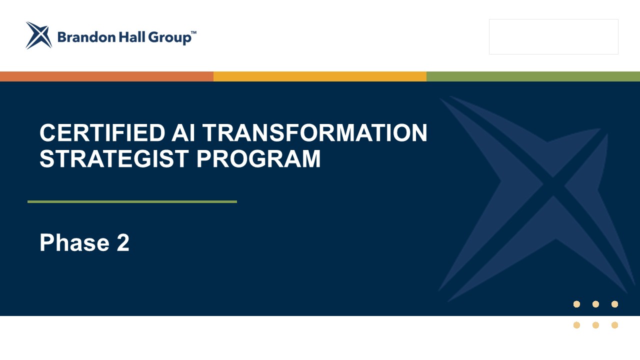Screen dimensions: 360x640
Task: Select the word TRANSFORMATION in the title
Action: (x=314, y=133)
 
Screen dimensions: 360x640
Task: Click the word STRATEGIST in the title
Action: (x=113, y=158)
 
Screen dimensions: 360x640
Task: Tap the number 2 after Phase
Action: (x=123, y=242)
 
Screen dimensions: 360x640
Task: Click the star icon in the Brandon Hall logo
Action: (x=38, y=35)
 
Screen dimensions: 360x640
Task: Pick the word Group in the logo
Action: (x=169, y=38)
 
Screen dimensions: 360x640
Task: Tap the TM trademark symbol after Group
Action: (x=193, y=32)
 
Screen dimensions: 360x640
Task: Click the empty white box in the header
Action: (x=553, y=36)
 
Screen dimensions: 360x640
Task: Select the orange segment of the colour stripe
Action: (x=106, y=76)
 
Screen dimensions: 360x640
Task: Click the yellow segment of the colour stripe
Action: (x=320, y=76)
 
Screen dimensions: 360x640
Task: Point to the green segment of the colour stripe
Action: (x=533, y=76)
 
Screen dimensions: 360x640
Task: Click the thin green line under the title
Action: (x=132, y=201)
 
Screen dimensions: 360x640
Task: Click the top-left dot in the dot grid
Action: (x=576, y=304)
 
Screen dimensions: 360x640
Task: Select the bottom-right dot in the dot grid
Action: (x=615, y=325)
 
